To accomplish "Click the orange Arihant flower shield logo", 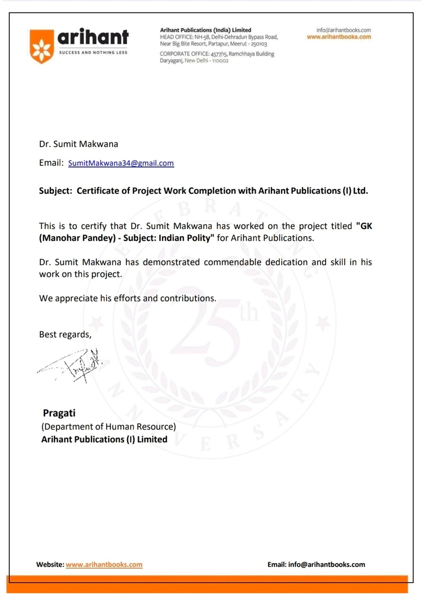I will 42,46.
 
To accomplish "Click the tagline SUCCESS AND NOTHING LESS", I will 93,53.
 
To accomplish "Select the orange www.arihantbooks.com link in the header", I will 339,37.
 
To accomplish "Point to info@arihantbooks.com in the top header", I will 344,30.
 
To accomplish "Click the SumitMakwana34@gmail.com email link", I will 121,163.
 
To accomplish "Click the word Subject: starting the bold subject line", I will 55,191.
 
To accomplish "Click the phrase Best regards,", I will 65,335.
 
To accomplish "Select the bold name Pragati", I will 59,413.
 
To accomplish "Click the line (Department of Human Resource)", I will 108,427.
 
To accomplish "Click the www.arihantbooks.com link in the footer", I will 104,565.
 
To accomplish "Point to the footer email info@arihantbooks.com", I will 326,565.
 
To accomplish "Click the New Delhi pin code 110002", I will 220,61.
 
